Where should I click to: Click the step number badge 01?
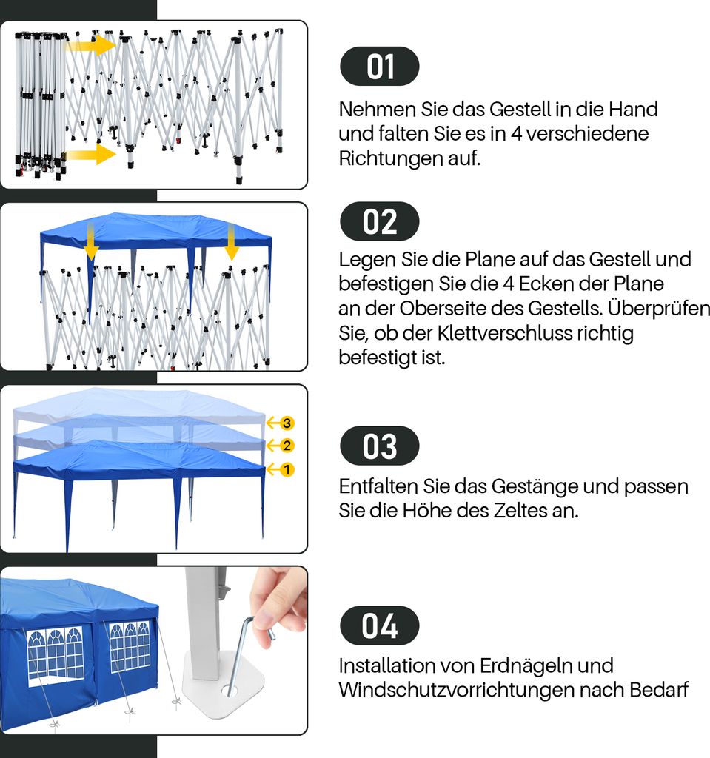pos(380,66)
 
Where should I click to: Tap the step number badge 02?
pos(380,221)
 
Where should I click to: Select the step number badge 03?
pos(380,446)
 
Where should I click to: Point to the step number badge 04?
pos(380,625)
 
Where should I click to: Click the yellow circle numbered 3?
pos(287,423)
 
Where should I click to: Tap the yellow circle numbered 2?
pos(287,445)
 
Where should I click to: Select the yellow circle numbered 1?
pos(287,469)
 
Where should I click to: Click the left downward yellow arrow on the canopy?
pos(91,243)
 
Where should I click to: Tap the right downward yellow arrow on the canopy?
pos(232,242)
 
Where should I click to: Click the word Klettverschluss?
pos(504,333)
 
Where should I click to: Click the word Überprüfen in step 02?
pos(659,308)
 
